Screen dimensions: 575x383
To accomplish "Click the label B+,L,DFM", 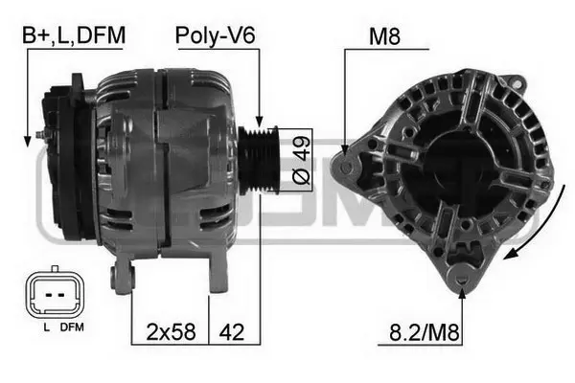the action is click(74, 35).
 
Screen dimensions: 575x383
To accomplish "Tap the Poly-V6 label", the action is click(216, 35).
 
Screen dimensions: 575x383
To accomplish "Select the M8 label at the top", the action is click(384, 36).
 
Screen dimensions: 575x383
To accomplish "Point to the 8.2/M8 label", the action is click(425, 332).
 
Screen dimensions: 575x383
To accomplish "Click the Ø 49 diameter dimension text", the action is click(302, 160).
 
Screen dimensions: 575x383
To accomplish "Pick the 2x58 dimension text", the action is click(171, 331).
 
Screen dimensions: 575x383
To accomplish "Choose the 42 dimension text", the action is click(231, 332).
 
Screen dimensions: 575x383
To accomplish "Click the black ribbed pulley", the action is click(259, 160).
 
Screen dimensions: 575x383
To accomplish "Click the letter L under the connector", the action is click(47, 327).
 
